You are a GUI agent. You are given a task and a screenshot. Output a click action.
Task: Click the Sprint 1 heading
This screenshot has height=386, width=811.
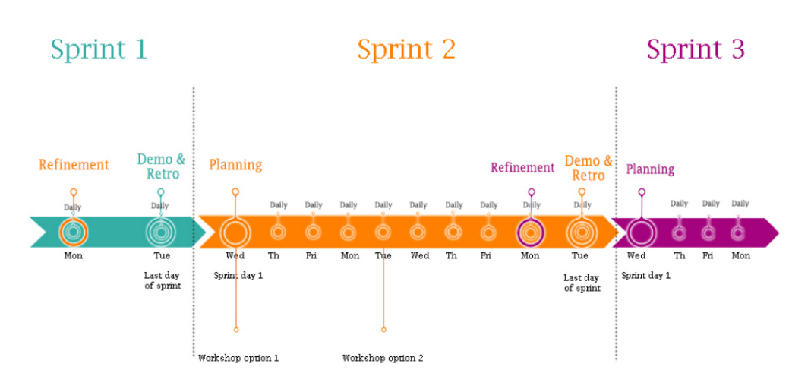point(99,49)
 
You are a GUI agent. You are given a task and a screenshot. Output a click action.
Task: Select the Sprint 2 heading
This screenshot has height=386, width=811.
point(406,49)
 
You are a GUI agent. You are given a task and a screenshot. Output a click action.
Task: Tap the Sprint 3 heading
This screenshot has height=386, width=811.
point(695,49)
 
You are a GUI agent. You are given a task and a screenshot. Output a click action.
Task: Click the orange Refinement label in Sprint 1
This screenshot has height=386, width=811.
point(74,165)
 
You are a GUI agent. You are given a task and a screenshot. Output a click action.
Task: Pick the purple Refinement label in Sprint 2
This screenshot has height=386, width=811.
point(522,168)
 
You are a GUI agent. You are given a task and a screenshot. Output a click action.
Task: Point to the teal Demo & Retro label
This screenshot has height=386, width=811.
point(161,166)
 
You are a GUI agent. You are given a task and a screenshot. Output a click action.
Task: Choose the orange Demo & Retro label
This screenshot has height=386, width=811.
point(589,168)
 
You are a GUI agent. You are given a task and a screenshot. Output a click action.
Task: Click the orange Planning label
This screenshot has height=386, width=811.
point(235,165)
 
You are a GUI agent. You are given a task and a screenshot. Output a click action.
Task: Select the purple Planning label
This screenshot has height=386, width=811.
point(650,169)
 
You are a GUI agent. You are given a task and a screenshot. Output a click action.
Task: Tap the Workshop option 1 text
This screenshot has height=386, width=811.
point(238,358)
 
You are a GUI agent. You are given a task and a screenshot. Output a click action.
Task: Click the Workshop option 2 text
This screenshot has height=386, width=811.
point(383,358)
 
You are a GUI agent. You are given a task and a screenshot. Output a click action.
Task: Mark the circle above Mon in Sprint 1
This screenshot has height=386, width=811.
point(74,232)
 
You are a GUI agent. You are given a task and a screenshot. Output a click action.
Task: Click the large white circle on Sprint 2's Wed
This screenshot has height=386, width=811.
point(235,232)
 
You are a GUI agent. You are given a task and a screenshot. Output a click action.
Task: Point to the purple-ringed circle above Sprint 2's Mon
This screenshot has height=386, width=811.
point(530,232)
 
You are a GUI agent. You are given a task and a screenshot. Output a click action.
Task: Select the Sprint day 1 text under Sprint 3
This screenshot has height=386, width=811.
point(645,275)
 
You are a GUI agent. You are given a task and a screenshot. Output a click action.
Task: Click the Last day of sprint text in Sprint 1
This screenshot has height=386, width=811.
point(163,280)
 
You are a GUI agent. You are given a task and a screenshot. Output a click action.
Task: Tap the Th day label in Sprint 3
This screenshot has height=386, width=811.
point(679,256)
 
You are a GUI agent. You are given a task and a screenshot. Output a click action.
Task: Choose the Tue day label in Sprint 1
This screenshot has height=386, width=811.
point(162,256)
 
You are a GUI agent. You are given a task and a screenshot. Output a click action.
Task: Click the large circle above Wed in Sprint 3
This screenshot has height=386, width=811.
point(641,232)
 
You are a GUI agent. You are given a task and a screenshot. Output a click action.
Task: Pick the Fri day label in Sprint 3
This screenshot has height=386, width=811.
point(708,256)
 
